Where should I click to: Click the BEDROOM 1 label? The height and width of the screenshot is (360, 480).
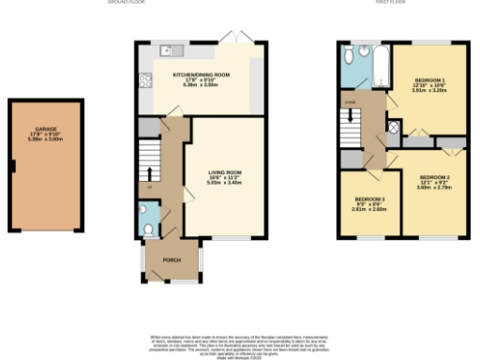tap(429, 82)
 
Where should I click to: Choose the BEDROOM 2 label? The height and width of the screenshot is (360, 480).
tap(435, 177)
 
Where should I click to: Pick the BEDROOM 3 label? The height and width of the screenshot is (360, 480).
tap(369, 199)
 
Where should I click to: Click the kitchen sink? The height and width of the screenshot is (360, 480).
tap(165, 50)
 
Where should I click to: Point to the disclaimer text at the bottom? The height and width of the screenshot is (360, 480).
tap(240, 341)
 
